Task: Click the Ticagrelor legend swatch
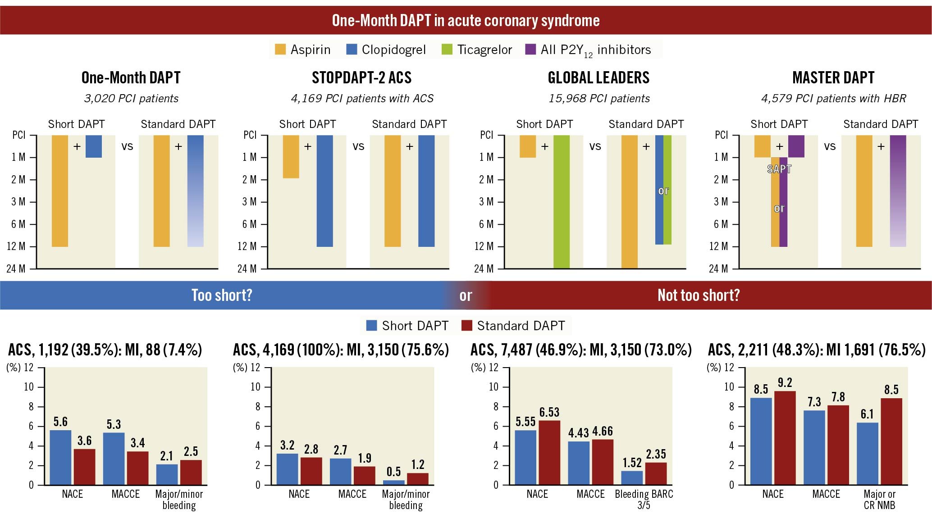point(447,50)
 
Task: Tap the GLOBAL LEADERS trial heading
point(598,78)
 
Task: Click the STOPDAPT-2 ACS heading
point(361,78)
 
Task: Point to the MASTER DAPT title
point(833,78)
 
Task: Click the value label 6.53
point(549,412)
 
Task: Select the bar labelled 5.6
point(60,457)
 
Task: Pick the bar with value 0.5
point(393,482)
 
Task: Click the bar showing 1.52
point(632,478)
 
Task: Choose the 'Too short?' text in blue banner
point(222,296)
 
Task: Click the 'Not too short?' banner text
point(699,296)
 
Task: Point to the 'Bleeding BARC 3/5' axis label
point(644,499)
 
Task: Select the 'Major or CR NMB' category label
point(879,499)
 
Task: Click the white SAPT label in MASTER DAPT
point(779,169)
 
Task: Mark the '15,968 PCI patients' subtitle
point(599,99)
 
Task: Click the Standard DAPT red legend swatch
point(466,326)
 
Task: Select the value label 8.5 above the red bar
point(891,390)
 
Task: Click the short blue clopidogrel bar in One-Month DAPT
point(93,146)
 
